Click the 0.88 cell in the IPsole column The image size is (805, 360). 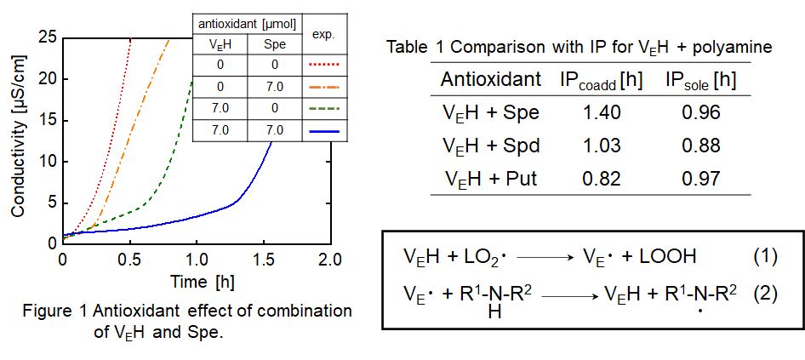(702, 145)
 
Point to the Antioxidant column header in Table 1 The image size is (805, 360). (490, 80)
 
